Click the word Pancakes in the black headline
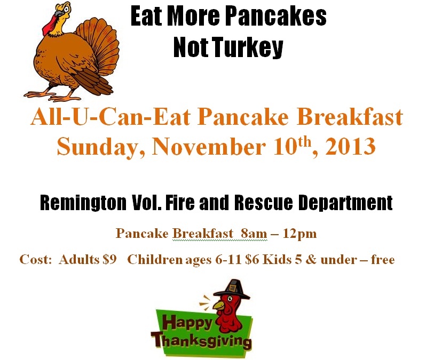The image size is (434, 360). coord(277,17)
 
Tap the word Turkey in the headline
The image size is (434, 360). coord(248,47)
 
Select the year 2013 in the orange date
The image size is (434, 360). coord(350,147)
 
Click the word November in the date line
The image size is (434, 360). coord(209,147)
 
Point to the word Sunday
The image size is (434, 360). coord(101,147)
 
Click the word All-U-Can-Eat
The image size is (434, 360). coord(111,117)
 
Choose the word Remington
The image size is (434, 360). coord(83,203)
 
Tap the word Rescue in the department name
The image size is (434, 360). coord(263,202)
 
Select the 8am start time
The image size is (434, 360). coord(254,234)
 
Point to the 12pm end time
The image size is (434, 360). coord(299,234)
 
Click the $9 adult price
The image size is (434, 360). coord(109,260)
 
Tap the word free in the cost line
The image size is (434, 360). coord(383,259)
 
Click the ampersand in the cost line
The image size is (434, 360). coord(311,260)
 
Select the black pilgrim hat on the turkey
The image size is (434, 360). coord(232,290)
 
